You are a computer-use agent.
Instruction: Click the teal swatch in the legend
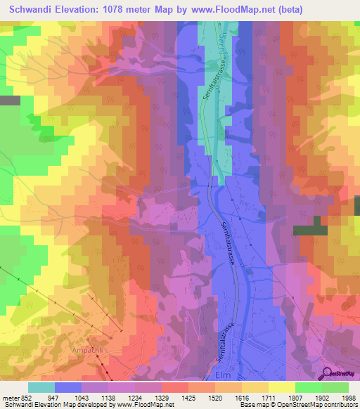[x=41, y=387]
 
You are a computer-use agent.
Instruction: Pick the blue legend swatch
[x=68, y=387]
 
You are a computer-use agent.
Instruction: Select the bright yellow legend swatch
[x=282, y=387]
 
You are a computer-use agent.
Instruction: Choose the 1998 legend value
[x=348, y=397]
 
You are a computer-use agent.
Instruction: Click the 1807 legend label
[x=295, y=397]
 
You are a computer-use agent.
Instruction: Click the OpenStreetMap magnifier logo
[x=328, y=373]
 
